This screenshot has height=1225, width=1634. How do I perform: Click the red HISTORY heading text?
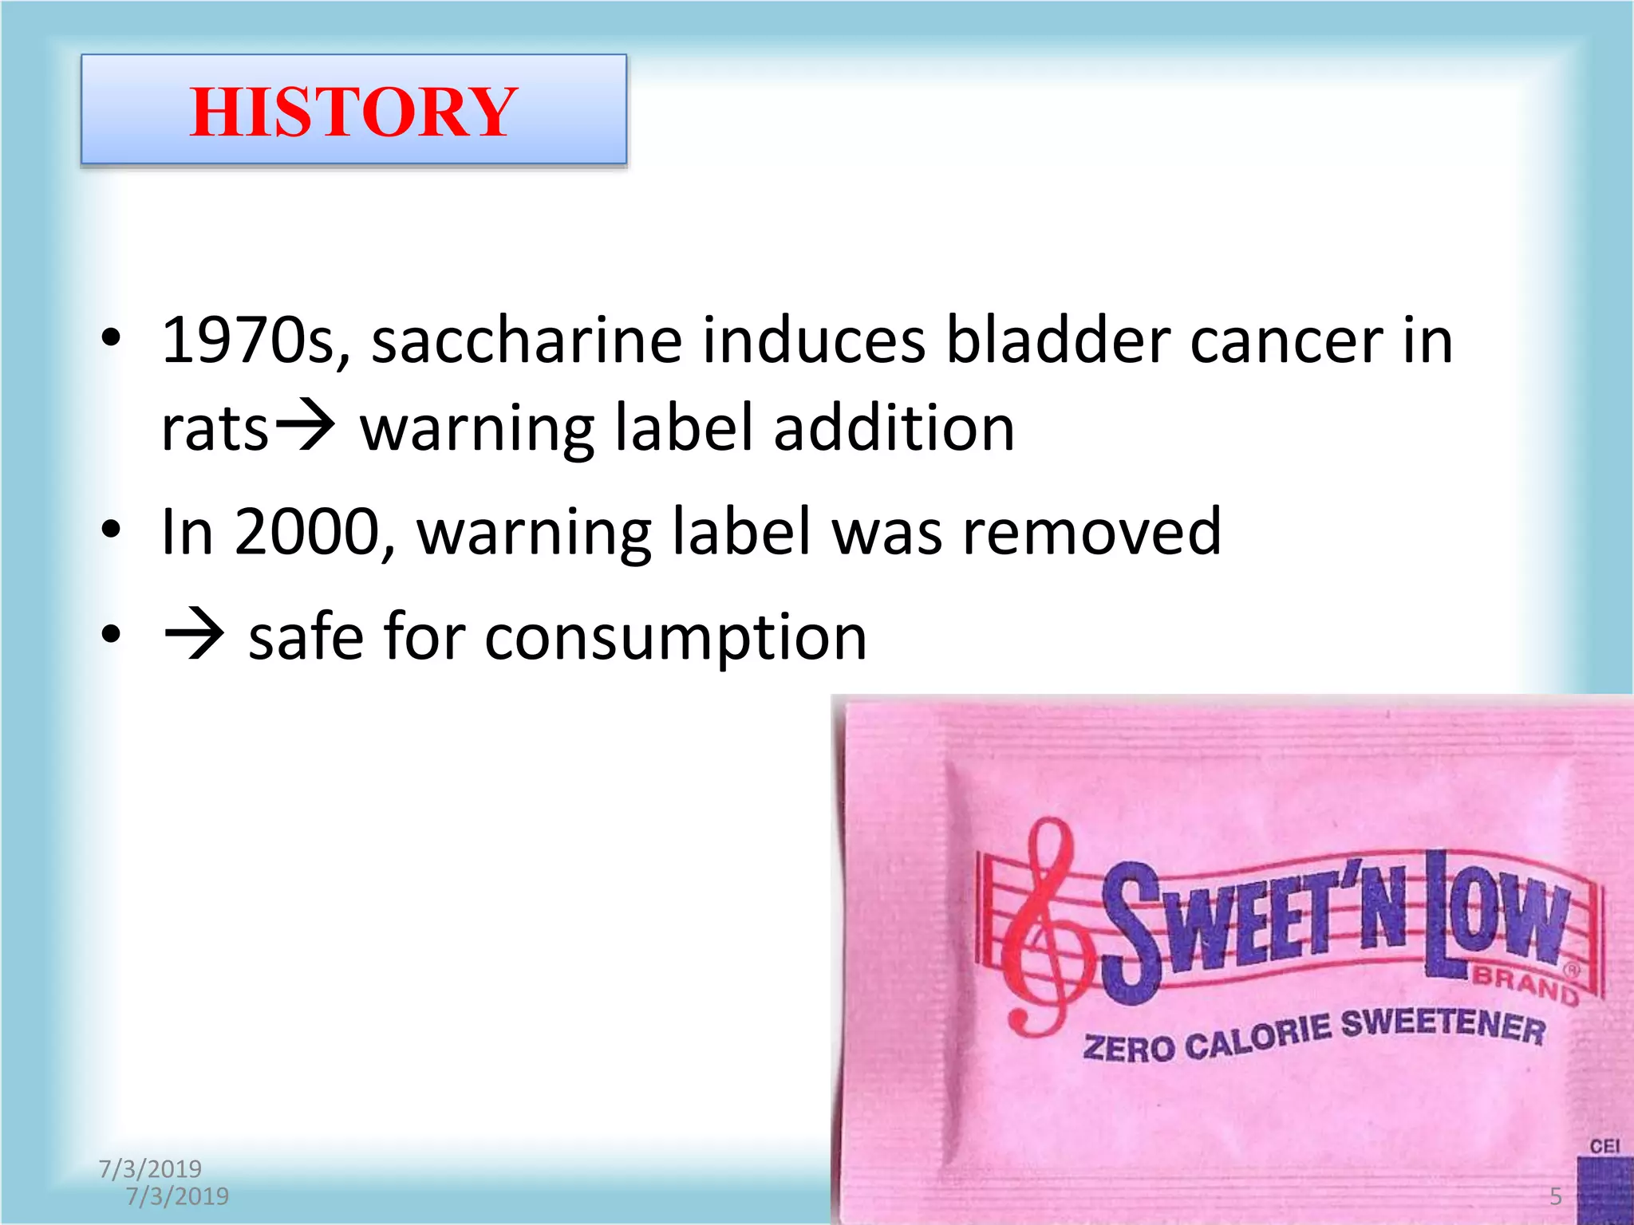tap(353, 112)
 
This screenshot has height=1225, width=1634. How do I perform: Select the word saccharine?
tap(527, 341)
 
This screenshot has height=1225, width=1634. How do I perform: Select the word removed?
tap(1091, 532)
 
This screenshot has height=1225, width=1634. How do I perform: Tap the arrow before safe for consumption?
tap(194, 636)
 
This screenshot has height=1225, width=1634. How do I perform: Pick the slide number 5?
tap(1555, 1196)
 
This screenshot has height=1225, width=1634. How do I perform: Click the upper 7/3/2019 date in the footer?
tap(150, 1169)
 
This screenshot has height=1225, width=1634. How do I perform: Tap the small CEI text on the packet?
tap(1604, 1147)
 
